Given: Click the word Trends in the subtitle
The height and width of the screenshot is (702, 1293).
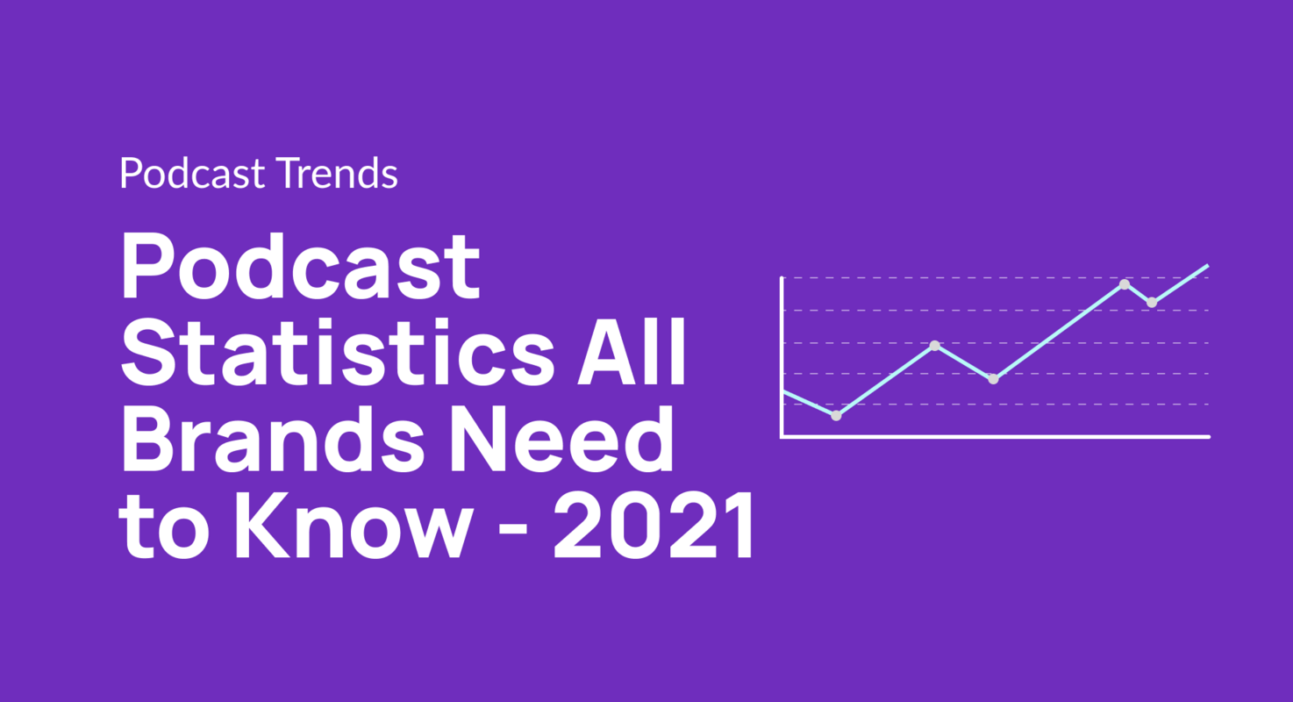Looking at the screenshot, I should [x=337, y=174].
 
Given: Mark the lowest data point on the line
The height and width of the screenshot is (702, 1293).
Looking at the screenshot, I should [x=836, y=416].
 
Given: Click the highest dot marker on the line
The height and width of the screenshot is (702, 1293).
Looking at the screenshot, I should [x=1125, y=284].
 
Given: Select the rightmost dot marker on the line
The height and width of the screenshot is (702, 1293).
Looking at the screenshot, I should [x=1152, y=303].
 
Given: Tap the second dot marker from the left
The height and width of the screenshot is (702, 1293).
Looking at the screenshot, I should [x=935, y=346].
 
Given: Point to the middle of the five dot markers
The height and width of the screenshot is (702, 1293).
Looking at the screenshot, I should [x=993, y=379].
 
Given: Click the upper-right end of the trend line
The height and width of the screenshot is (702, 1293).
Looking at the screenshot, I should [x=1207, y=266].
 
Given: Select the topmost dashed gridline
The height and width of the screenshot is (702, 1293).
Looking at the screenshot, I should [x=965, y=278].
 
